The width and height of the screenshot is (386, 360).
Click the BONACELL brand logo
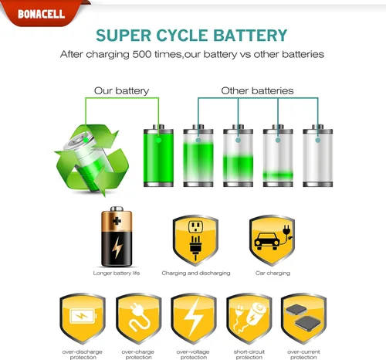point(41,14)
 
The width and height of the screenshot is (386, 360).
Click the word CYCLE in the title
point(182,36)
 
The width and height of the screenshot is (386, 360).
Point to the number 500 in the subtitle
point(142,54)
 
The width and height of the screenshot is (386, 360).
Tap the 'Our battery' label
point(121,90)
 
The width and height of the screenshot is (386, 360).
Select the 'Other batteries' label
point(257,90)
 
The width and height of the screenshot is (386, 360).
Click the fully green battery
point(158,155)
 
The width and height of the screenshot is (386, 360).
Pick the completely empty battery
point(318,155)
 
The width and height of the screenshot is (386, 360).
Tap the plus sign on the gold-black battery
point(117,221)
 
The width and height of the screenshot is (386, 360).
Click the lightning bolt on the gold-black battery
point(117,247)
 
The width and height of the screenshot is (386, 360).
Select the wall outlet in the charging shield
point(196,227)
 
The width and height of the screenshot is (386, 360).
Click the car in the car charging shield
point(267,241)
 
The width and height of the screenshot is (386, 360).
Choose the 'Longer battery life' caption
point(117,273)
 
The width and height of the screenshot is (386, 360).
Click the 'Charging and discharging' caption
point(196,273)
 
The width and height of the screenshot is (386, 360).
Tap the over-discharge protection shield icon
point(83,318)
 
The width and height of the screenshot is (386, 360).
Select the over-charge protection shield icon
point(138,318)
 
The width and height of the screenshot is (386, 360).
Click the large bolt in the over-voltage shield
point(194,318)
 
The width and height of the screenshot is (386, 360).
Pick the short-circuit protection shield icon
point(249,318)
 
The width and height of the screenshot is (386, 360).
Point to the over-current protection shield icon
point(303,318)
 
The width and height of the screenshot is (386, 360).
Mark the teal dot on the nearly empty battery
point(278,140)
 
